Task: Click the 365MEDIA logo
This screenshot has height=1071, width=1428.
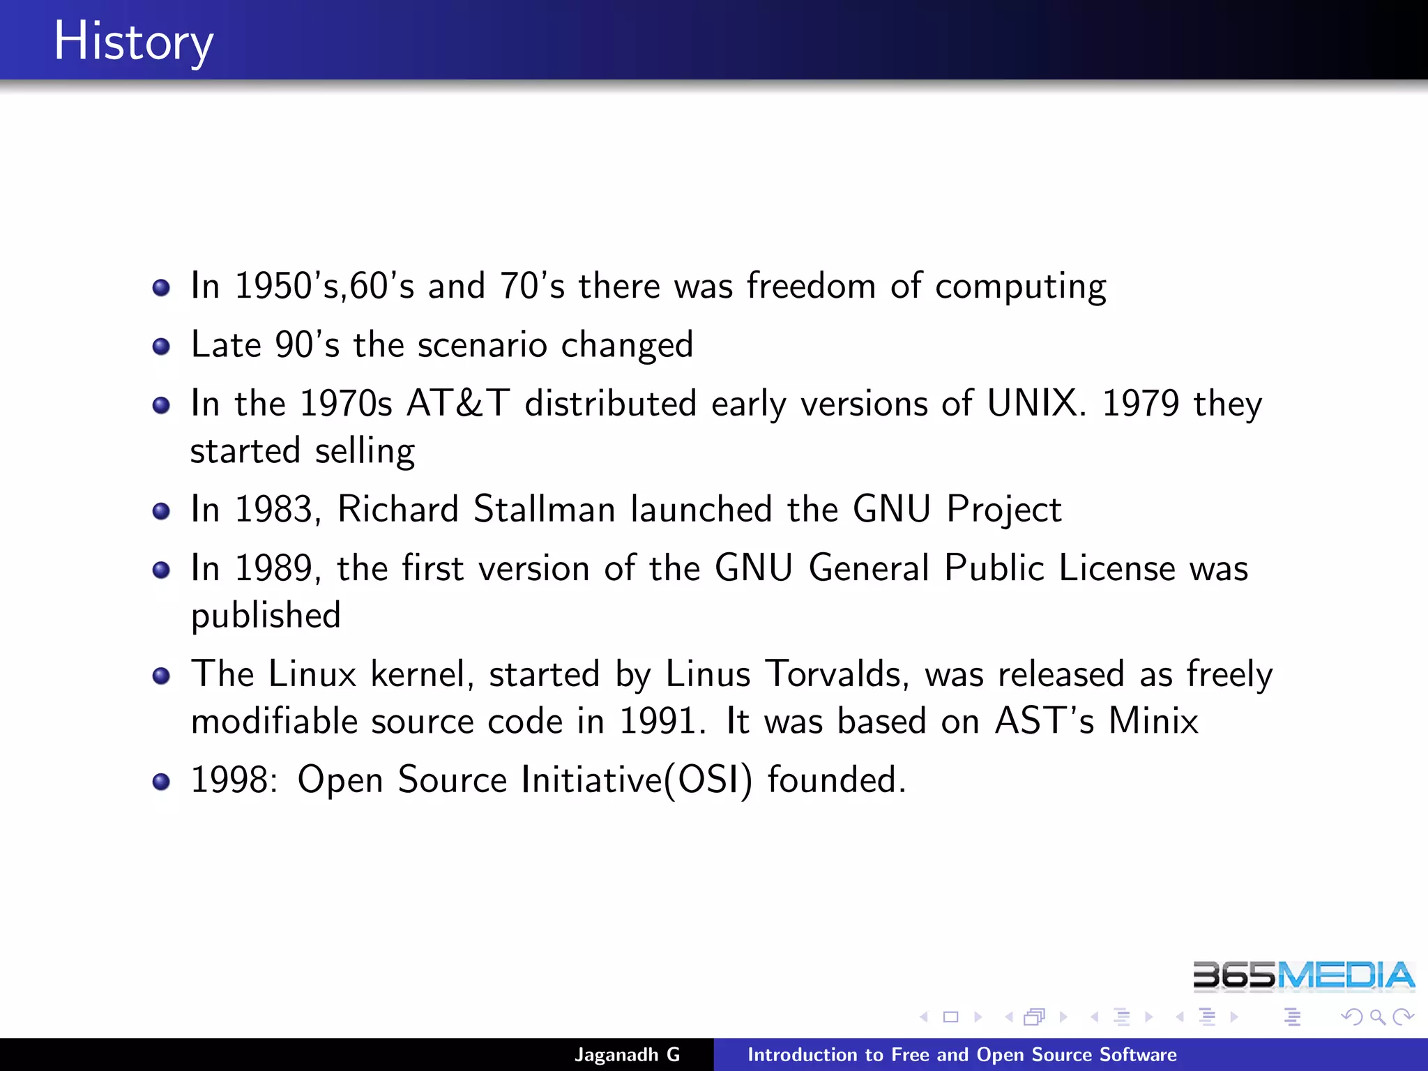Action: tap(1302, 975)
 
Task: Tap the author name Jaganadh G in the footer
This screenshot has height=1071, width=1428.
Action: tap(627, 1054)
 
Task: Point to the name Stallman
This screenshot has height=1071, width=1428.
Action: tap(544, 509)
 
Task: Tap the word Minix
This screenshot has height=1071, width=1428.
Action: tap(1153, 721)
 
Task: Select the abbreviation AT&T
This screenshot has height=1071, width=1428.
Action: tap(458, 403)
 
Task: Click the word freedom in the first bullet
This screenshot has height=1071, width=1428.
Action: tap(811, 286)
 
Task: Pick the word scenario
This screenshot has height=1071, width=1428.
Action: tap(482, 344)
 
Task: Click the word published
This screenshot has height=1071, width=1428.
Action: tap(266, 616)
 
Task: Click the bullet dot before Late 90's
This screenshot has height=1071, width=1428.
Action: tap(161, 346)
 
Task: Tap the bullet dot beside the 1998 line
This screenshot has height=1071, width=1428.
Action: tap(161, 781)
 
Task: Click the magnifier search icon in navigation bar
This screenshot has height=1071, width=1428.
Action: tap(1377, 1017)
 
